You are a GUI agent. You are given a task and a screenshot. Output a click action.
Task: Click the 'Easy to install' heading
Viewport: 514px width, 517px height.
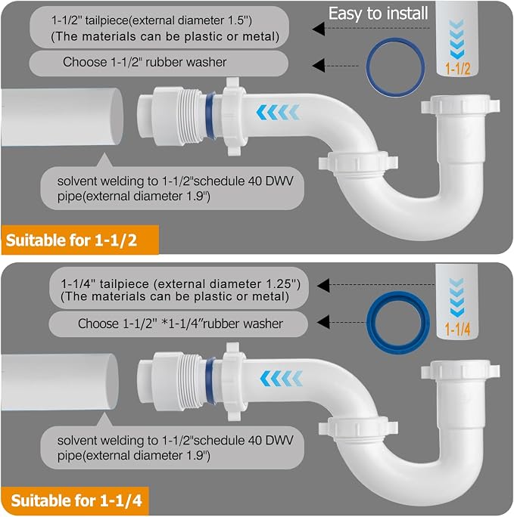click(378, 14)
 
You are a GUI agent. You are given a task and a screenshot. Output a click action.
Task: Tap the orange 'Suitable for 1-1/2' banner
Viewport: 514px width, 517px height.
click(80, 240)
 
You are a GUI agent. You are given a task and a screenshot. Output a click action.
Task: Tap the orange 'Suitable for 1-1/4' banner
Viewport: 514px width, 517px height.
click(75, 500)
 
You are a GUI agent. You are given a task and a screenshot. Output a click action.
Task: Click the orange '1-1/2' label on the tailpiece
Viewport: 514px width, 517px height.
click(457, 69)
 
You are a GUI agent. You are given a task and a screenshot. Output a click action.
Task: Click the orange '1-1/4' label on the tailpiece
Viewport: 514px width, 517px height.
click(457, 329)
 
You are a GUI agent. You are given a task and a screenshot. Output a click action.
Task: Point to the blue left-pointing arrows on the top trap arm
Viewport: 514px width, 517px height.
click(278, 112)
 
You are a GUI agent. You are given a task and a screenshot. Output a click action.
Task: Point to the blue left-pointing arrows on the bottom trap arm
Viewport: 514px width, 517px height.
click(282, 378)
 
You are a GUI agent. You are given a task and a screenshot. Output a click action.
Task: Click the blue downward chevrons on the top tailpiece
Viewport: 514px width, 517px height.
click(456, 39)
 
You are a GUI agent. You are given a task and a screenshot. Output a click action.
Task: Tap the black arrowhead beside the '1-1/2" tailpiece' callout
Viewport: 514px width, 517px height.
click(319, 29)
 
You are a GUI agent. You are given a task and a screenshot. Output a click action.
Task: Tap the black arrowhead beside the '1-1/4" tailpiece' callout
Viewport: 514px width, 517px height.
click(323, 285)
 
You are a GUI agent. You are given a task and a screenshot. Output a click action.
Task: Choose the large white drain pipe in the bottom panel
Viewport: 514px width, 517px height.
click(60, 382)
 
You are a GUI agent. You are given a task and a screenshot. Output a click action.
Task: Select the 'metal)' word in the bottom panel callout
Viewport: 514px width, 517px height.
click(270, 296)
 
